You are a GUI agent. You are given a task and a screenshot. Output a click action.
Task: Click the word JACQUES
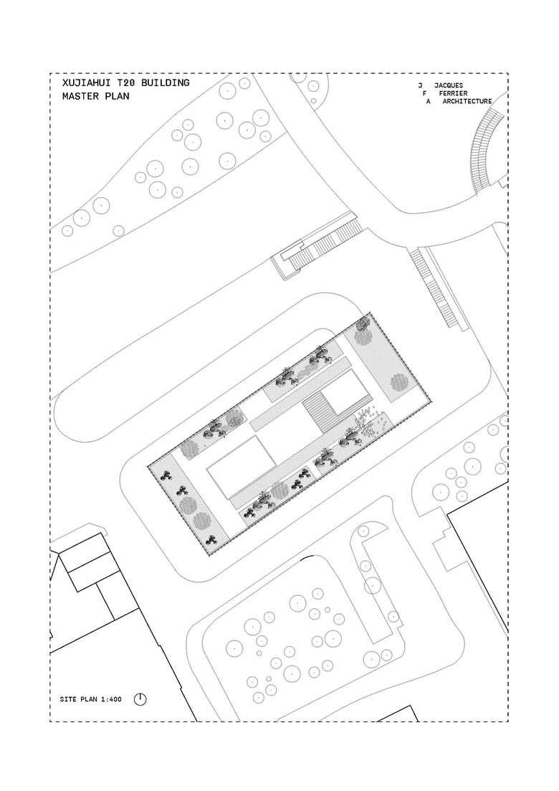[448, 85]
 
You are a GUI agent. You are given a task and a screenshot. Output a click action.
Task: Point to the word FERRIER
[453, 93]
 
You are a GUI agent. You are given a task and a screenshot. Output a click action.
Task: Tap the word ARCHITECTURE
[467, 101]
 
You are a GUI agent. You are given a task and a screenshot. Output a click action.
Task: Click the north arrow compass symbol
[140, 699]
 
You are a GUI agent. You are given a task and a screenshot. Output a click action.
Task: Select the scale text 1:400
[111, 700]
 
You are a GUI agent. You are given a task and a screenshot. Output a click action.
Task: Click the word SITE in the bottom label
[68, 700]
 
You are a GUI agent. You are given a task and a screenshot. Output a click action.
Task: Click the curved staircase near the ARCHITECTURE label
[486, 151]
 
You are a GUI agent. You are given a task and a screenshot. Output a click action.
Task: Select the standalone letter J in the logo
[420, 85]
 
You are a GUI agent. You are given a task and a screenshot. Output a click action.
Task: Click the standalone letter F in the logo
[424, 93]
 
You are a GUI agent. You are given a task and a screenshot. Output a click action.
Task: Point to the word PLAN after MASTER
[117, 96]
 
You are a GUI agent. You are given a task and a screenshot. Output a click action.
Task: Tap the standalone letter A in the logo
[429, 101]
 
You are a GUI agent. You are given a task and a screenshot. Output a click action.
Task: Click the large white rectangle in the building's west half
[242, 466]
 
